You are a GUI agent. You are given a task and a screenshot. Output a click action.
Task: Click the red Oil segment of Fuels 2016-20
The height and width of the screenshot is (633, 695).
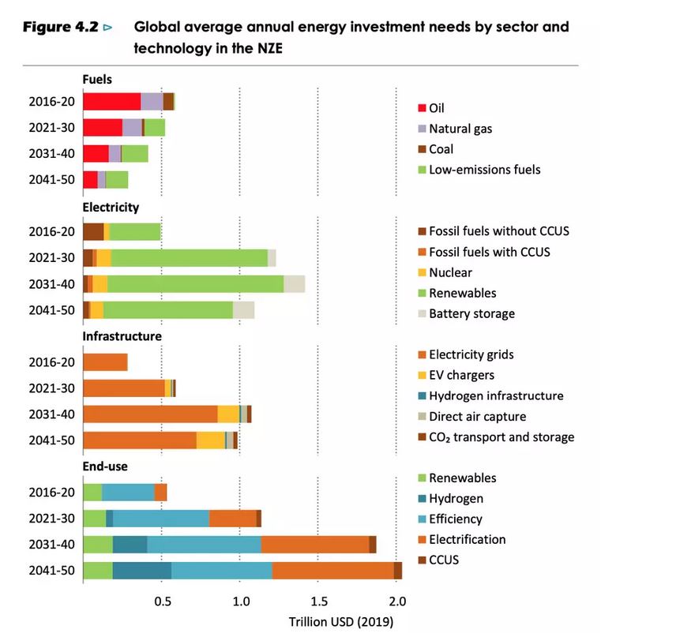111,101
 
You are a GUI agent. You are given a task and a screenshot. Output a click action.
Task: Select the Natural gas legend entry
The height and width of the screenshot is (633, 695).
460,129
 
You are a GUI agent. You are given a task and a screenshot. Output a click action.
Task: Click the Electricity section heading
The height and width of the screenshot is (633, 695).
111,208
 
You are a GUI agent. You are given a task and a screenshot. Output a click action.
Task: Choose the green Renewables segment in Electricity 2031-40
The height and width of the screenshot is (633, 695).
195,284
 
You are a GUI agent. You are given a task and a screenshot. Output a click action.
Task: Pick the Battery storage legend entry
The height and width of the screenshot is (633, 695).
471,313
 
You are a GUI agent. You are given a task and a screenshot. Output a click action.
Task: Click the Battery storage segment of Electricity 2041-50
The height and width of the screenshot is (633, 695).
243,310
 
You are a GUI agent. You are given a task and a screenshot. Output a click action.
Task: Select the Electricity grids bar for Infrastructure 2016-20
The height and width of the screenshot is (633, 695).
105,362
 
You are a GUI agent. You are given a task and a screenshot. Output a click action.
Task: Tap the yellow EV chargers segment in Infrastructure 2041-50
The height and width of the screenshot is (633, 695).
210,440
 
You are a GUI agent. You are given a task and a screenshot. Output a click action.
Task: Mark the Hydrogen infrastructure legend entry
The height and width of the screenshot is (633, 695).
496,395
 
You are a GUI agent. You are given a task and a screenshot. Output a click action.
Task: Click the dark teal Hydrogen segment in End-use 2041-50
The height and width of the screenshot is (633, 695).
141,571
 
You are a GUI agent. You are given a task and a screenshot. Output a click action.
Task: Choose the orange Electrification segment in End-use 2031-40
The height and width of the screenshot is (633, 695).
314,545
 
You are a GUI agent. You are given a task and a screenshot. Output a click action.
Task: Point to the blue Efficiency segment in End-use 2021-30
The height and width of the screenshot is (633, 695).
161,519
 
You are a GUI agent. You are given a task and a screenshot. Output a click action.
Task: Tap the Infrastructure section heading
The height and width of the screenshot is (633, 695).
122,335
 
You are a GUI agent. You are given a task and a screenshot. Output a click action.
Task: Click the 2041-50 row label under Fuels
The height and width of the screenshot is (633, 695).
52,179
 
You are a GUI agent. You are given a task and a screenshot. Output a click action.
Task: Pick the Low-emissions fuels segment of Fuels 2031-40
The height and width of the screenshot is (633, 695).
135,153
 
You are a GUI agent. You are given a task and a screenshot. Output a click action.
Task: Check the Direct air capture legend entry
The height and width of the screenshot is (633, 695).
477,416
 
